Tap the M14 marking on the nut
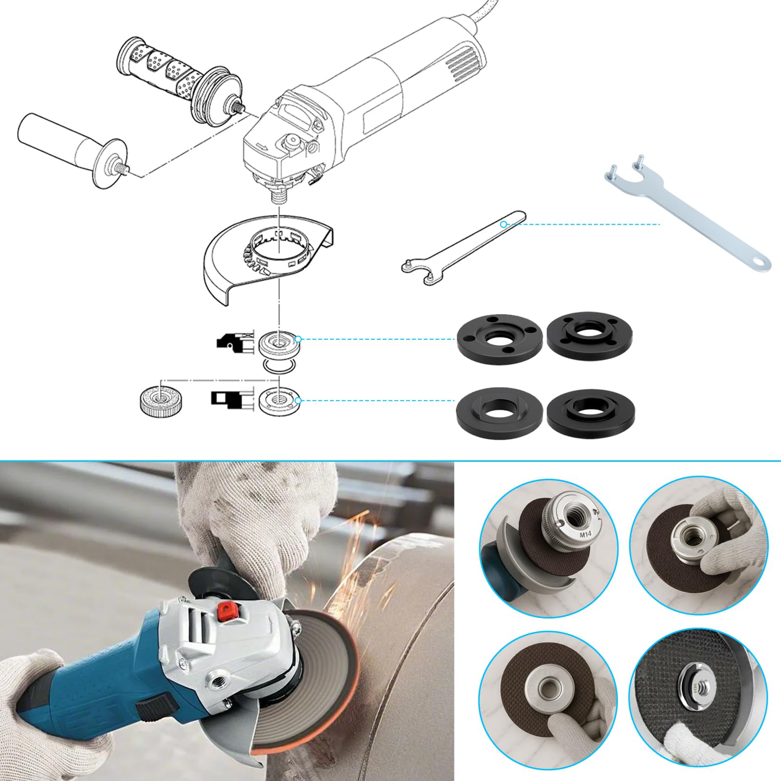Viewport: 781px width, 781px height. point(585,534)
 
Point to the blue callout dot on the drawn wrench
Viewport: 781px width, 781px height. point(504,225)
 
